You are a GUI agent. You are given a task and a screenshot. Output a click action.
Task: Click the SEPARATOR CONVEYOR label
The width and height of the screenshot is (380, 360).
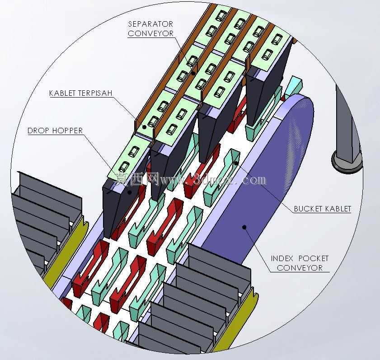point(150,28)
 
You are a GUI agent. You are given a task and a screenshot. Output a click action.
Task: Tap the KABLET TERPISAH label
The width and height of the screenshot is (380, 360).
point(81,93)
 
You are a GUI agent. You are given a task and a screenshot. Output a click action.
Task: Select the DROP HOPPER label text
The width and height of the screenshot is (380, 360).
point(55,131)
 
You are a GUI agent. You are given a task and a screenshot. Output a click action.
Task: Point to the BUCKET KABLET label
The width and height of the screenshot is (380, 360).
point(322,209)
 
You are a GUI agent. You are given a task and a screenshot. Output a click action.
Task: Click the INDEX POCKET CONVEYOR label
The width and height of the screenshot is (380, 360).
point(300,263)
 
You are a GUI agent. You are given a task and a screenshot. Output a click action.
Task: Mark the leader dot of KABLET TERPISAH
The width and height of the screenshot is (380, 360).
point(144,127)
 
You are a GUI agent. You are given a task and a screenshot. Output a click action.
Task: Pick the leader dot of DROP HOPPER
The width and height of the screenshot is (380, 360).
point(130,192)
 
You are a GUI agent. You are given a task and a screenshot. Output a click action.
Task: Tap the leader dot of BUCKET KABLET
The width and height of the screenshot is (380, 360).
point(236,163)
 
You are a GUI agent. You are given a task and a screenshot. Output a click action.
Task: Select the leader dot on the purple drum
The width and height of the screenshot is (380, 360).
point(244,227)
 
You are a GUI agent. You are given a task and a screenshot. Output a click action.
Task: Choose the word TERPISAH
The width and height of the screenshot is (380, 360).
point(99,93)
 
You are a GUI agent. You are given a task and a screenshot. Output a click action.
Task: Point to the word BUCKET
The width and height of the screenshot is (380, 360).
point(308,209)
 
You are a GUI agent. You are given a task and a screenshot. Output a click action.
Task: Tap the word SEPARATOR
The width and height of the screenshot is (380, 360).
point(150,24)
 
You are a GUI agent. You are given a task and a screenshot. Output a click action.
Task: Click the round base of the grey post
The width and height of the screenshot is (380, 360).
point(347,162)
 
